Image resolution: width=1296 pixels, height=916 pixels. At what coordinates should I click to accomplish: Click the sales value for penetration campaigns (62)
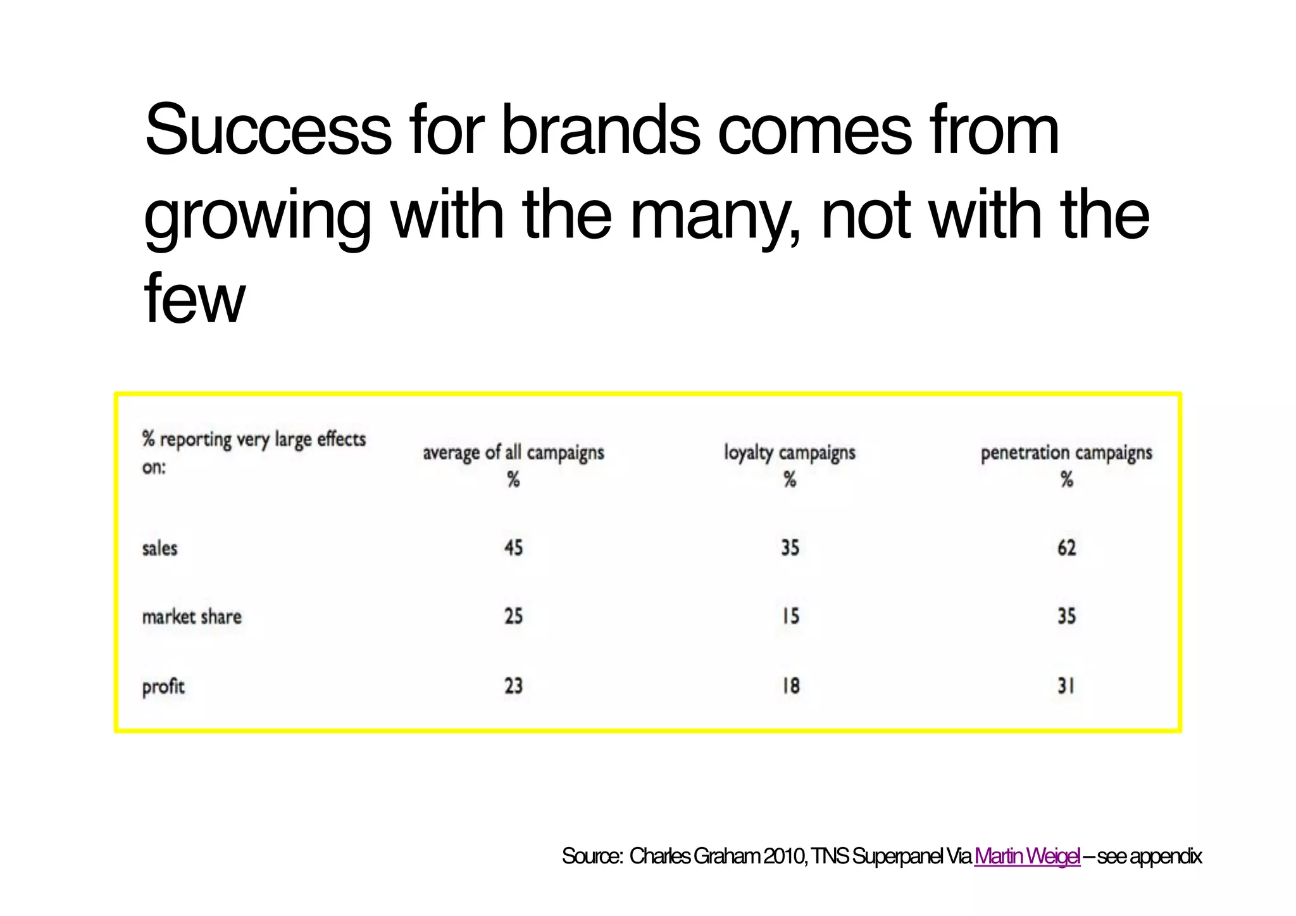pos(1066,548)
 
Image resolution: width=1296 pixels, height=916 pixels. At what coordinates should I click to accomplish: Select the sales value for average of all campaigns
pos(513,548)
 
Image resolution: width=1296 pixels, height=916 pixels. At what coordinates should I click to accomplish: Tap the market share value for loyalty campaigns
pos(790,616)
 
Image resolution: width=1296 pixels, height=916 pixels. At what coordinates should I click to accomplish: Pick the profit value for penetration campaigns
pos(1066,686)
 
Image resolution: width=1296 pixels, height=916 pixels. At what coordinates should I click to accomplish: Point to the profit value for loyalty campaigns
pos(790,686)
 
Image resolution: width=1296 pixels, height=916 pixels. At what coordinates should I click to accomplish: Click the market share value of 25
pos(513,616)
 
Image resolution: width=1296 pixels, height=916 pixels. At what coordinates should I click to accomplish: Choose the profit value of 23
pos(513,686)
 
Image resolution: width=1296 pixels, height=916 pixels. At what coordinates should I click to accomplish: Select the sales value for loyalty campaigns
pos(790,548)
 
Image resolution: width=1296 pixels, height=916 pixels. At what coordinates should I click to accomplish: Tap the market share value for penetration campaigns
pos(1066,616)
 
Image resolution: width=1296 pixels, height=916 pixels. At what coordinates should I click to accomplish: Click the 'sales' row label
pos(159,548)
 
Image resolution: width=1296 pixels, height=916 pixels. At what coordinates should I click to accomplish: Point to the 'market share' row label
pos(192,617)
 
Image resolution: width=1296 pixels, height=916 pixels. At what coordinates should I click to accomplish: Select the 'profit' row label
pos(163,686)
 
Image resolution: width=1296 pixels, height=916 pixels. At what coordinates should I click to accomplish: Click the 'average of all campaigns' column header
pos(513,453)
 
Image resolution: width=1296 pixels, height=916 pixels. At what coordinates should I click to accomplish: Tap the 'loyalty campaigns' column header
pos(790,453)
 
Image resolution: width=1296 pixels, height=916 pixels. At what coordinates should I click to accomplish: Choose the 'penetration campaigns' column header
pos(1066,453)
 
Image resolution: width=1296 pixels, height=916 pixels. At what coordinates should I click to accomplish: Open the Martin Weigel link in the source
pos(1027,856)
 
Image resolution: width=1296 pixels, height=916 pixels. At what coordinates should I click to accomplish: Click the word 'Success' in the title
pos(268,130)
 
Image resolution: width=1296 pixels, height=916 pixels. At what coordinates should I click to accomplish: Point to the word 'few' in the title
pos(194,298)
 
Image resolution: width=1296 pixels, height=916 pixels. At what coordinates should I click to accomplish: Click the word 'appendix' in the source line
pos(1166,857)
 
